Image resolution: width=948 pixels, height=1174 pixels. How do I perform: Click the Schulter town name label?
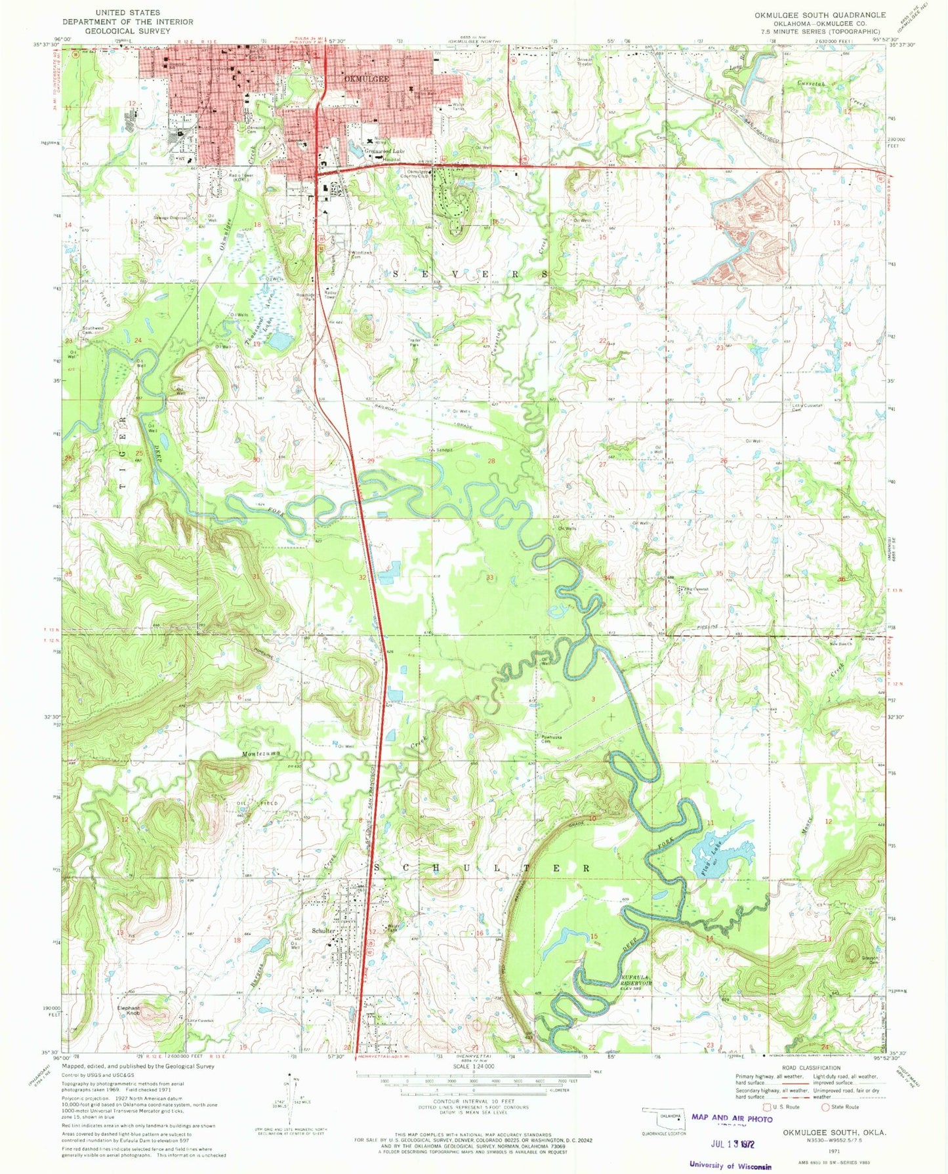[323, 931]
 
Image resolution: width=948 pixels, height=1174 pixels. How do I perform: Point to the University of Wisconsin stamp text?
[730, 1165]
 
